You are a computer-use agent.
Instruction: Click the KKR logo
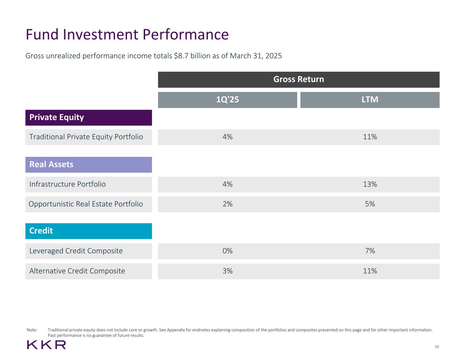tap(46, 345)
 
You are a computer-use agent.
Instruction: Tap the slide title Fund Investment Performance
tap(127, 34)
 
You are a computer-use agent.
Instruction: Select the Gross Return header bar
tap(298, 80)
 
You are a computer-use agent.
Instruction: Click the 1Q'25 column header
tap(227, 100)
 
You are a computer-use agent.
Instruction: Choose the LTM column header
tap(370, 100)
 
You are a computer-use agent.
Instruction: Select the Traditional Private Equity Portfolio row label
tap(86, 137)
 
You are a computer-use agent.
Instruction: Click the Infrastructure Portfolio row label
tap(68, 184)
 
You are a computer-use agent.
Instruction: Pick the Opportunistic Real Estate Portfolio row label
tap(86, 204)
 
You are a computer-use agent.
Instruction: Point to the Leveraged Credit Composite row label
tap(76, 251)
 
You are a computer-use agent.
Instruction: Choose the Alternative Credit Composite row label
tap(77, 271)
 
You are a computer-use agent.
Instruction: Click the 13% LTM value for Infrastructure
tap(370, 184)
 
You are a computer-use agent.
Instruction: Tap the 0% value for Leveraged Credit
tap(227, 251)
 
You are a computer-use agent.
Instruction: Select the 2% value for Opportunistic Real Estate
tap(227, 204)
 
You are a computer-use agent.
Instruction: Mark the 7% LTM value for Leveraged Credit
tap(370, 251)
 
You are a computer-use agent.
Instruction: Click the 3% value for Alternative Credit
tap(227, 271)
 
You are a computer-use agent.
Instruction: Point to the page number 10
tap(437, 347)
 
